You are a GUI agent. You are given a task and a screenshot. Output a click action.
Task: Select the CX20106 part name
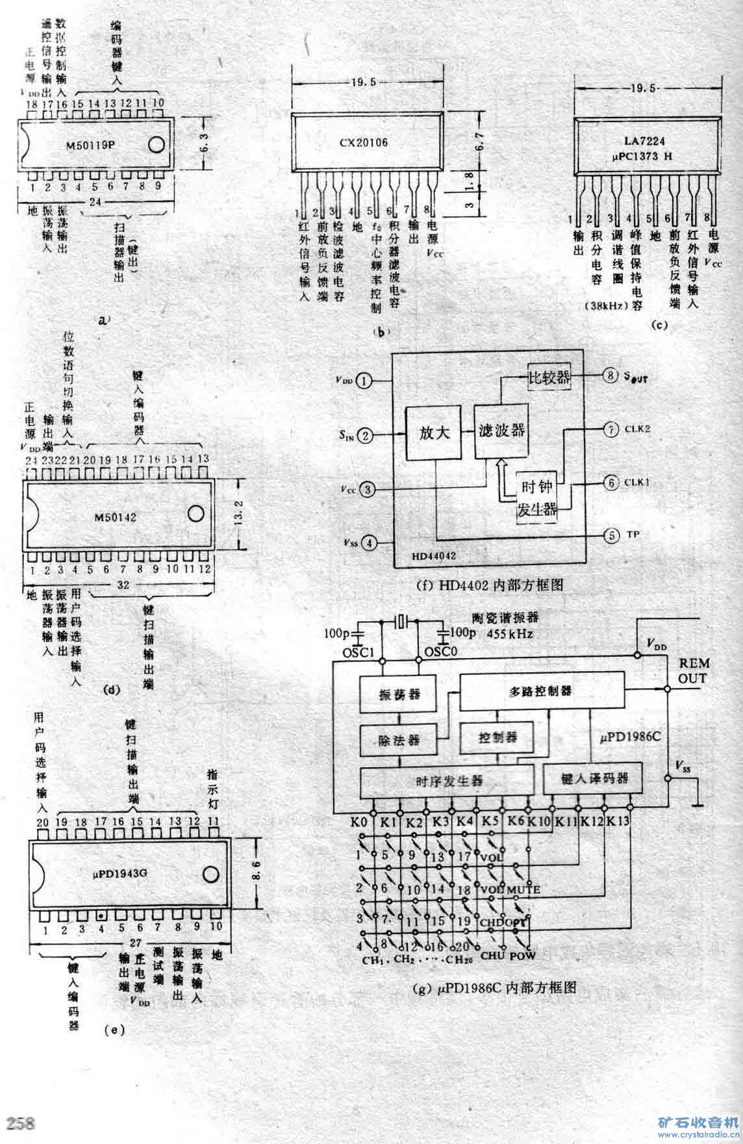coord(363,142)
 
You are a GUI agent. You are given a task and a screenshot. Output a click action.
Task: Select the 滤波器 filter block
coord(501,430)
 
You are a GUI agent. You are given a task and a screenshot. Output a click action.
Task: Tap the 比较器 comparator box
coord(548,377)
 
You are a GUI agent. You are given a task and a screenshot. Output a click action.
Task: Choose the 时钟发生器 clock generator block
coord(536,498)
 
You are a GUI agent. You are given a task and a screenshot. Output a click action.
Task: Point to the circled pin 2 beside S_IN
coord(366,435)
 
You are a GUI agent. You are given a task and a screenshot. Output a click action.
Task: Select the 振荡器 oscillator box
coord(399,693)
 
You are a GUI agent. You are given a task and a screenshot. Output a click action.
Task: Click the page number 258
coord(22,1124)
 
